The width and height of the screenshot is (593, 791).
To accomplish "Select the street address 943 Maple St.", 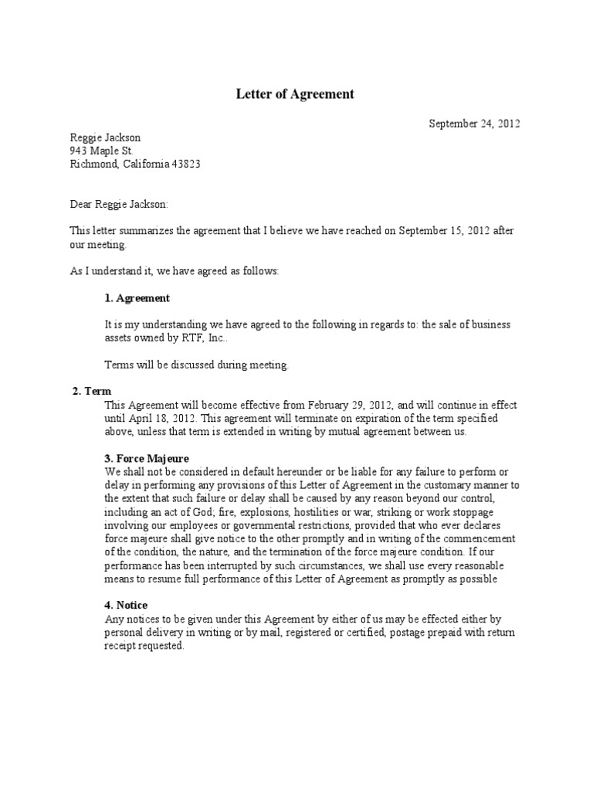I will pyautogui.click(x=102, y=151).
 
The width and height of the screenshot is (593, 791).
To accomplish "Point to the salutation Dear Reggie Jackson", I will pyautogui.click(x=119, y=205).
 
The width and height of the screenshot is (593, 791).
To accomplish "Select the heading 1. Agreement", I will pyautogui.click(x=137, y=298).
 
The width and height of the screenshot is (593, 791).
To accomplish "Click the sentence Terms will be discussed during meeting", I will pyautogui.click(x=196, y=365).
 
